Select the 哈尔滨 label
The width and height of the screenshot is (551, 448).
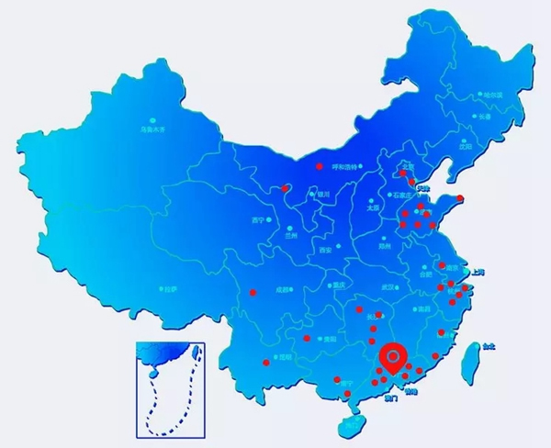pyautogui.click(x=494, y=95)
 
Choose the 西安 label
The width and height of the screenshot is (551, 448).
pyautogui.click(x=323, y=250)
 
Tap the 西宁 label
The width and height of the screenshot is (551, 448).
pyautogui.click(x=257, y=221)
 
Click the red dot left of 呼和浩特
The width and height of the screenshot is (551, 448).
pyautogui.click(x=320, y=166)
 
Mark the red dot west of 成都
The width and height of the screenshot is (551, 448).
pyautogui.click(x=253, y=293)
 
